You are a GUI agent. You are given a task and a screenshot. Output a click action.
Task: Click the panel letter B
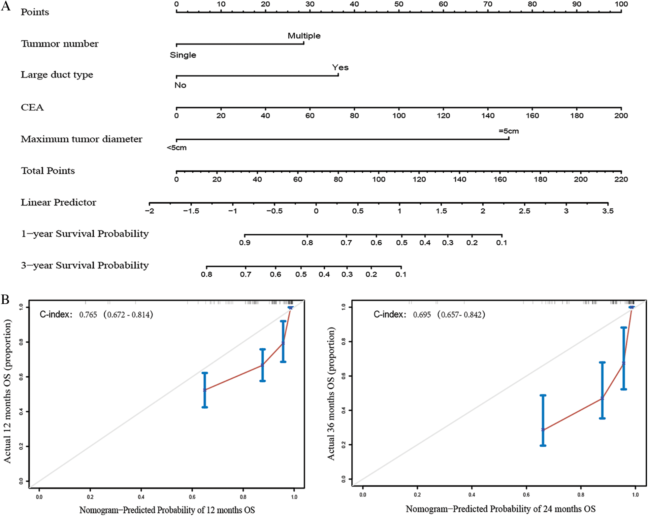(5, 299)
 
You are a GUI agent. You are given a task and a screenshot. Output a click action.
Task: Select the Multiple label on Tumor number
(304, 36)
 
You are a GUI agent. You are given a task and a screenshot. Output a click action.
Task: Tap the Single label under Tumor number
(183, 55)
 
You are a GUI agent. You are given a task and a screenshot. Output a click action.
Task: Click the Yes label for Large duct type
(340, 67)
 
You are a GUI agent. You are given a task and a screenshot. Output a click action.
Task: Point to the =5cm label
(509, 131)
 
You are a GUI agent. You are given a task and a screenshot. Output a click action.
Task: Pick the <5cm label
(176, 148)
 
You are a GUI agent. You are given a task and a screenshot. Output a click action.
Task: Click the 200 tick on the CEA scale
(621, 115)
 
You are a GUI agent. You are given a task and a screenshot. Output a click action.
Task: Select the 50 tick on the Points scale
(399, 4)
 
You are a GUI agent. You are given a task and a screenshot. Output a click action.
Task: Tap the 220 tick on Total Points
(621, 179)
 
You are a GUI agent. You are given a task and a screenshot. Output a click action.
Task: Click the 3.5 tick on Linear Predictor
(608, 211)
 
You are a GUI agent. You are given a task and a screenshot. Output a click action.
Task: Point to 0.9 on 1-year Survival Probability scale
(245, 243)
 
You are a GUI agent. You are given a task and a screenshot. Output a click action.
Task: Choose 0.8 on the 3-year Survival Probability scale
(206, 274)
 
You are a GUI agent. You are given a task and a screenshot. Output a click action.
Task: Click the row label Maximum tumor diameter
(82, 139)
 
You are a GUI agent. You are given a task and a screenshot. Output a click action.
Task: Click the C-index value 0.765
(88, 315)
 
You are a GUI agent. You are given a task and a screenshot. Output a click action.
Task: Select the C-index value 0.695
(422, 315)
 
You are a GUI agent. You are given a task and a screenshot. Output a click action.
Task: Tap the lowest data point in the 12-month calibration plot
(205, 390)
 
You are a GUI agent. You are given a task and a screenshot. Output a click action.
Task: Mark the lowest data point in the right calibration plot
(543, 429)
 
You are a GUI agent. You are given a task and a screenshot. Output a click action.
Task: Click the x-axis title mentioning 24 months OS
(500, 509)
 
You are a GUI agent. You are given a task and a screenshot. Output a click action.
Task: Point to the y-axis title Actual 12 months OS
(7, 391)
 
